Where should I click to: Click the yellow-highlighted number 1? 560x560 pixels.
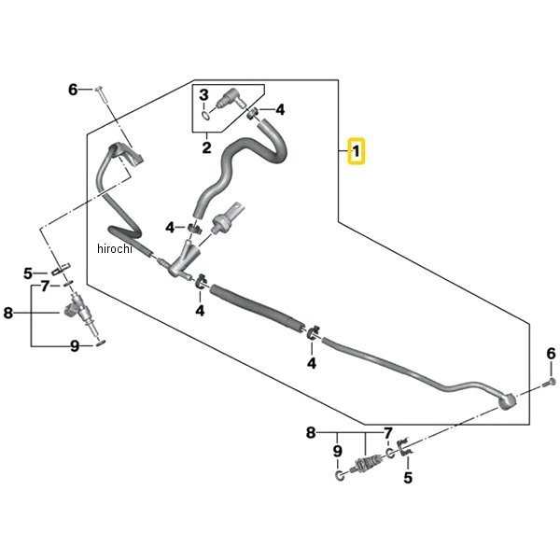click(357, 151)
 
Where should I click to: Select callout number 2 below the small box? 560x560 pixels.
click(206, 147)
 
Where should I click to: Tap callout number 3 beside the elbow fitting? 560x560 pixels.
click(203, 95)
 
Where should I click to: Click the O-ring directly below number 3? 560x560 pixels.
click(205, 116)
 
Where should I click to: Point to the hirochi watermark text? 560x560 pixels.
click(115, 248)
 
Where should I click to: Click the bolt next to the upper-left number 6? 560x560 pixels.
click(102, 94)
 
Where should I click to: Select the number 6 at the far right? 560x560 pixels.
click(551, 354)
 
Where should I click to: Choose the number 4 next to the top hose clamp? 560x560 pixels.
click(280, 109)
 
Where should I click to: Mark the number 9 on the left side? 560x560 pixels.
click(75, 345)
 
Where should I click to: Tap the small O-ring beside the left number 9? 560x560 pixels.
click(101, 343)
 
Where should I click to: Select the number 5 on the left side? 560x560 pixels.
click(28, 273)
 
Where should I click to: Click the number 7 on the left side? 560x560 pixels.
click(45, 287)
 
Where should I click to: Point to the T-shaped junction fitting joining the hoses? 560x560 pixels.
click(183, 260)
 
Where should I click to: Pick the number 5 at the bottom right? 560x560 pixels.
click(408, 478)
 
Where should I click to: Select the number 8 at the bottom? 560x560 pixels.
click(311, 432)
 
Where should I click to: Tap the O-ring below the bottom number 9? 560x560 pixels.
click(340, 476)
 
